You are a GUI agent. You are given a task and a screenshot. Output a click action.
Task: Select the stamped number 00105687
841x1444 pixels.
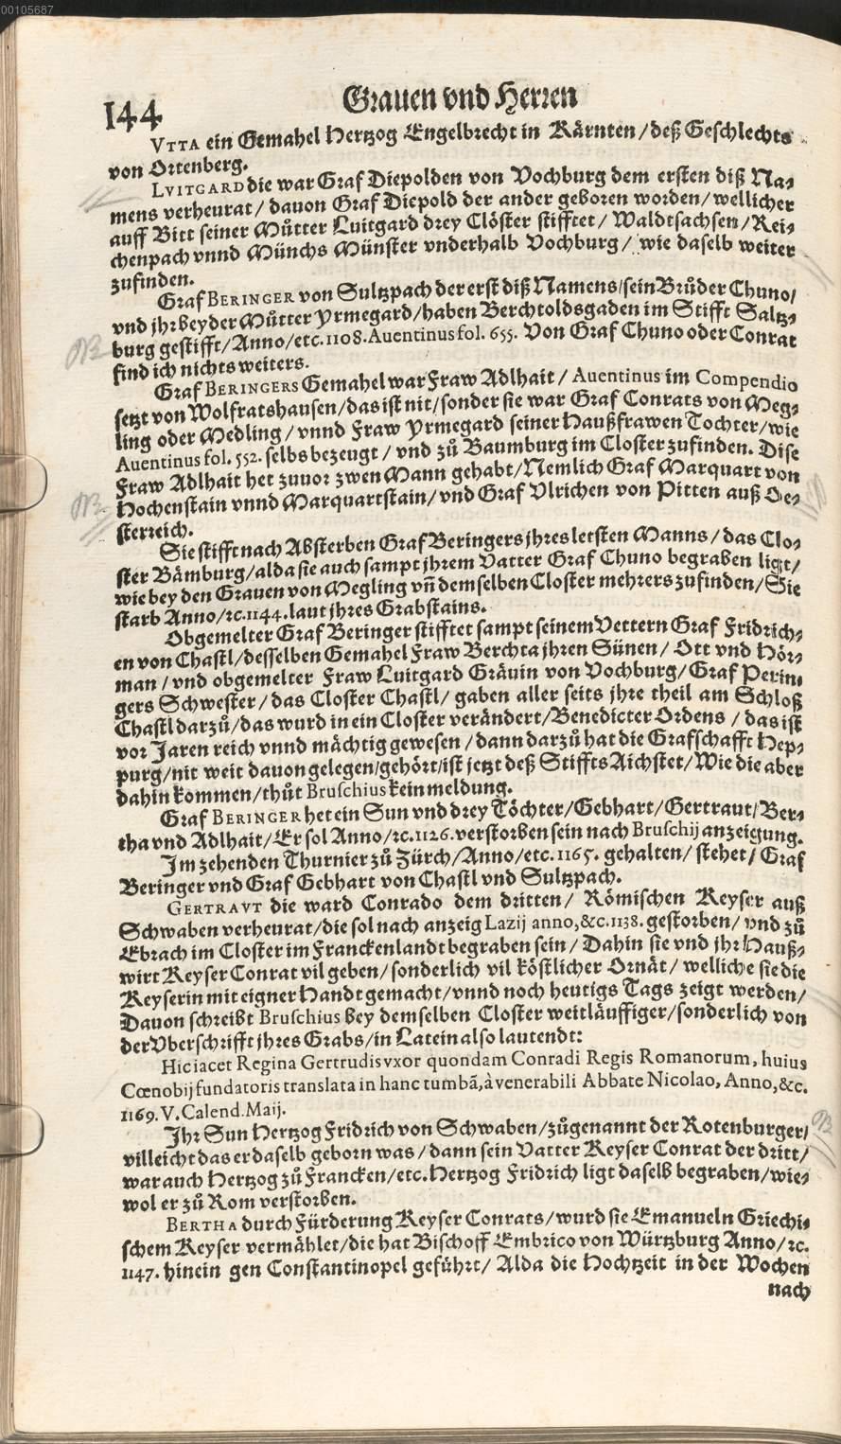(26, 8)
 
